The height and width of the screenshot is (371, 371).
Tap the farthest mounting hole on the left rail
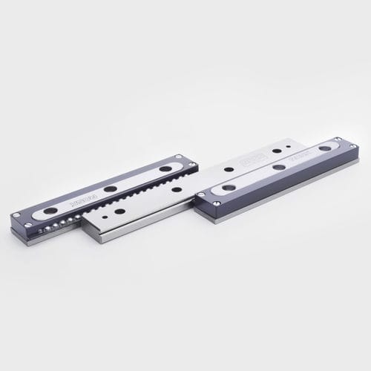(164, 168)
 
